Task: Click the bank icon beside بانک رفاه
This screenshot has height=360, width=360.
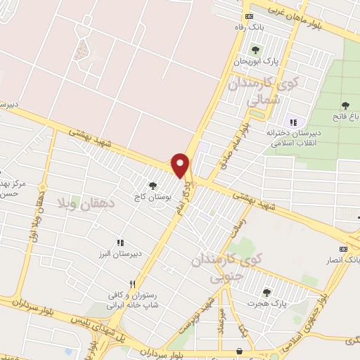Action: (249, 16)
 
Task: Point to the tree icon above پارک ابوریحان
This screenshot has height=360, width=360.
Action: (255, 50)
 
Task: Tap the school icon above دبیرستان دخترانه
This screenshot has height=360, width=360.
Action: (292, 118)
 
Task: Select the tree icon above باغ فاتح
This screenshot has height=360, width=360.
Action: (345, 105)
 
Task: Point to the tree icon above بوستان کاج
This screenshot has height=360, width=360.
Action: (153, 186)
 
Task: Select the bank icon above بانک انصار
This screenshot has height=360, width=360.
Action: (343, 248)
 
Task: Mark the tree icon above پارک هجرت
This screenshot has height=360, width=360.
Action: (266, 292)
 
